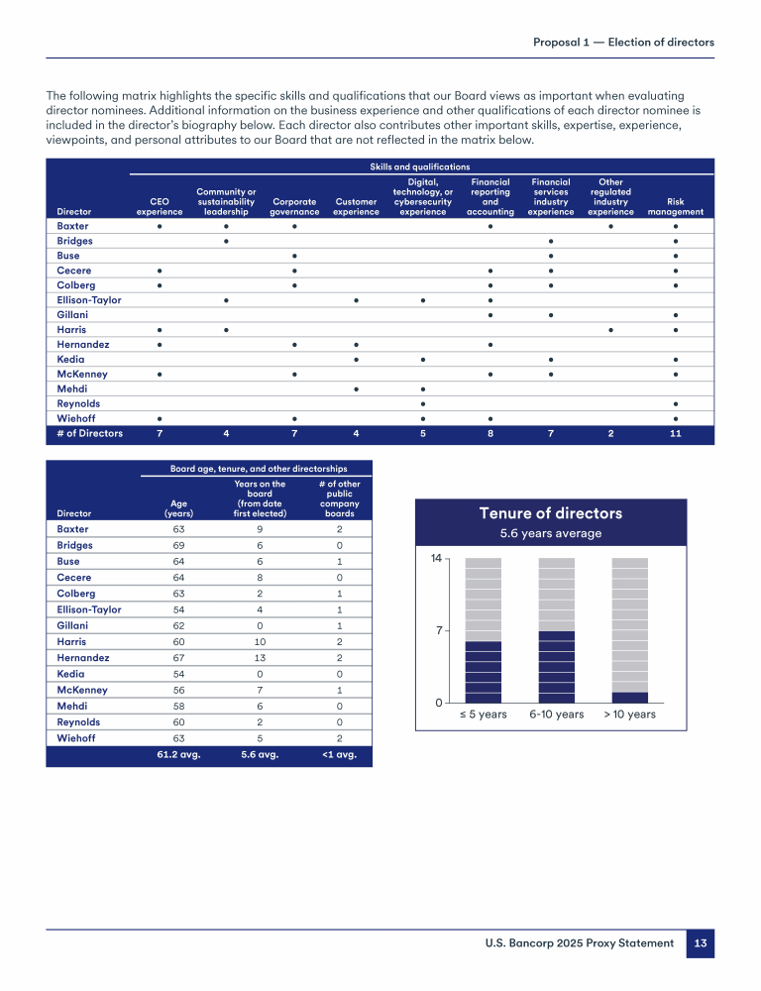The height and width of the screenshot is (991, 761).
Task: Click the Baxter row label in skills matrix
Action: pos(73,226)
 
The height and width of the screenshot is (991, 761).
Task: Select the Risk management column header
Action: pos(675,206)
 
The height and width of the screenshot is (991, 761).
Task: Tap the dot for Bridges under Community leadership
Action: pos(227,241)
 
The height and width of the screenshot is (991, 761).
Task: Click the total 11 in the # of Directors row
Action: pos(675,433)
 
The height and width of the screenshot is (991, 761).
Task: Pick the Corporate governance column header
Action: pos(295,206)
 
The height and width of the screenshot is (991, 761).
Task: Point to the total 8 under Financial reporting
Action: pos(489,433)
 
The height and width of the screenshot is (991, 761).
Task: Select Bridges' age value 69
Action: pos(179,546)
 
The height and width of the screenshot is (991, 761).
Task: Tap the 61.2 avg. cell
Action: pos(179,754)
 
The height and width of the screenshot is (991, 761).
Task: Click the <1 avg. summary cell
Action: pos(340,754)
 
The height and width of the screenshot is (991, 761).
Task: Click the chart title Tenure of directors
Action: pos(550,513)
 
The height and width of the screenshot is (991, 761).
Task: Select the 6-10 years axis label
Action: pos(556,714)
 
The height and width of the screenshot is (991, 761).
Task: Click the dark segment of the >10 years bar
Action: pos(629,697)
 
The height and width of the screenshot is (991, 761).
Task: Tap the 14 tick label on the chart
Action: pos(434,559)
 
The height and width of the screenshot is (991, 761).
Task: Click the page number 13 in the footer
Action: pos(700,943)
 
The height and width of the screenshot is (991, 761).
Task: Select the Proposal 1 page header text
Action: pos(623,42)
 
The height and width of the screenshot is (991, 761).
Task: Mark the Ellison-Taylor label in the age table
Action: pos(89,609)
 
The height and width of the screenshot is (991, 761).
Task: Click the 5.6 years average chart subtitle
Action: pos(550,533)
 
